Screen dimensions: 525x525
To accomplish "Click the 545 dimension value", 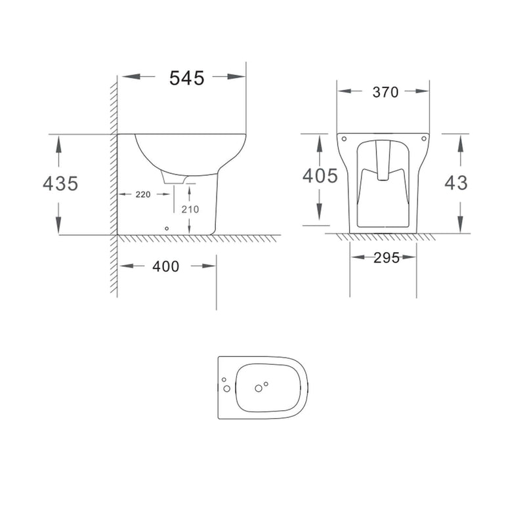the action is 186,78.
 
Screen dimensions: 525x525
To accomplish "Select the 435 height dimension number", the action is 60,184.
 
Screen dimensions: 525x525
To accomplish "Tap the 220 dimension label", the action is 143,194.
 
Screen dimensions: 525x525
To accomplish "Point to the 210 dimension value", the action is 190,209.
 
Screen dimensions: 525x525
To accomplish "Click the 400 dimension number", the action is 166,266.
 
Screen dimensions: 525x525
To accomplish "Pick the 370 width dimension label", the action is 385,92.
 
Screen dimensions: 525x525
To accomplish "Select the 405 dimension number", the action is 320,176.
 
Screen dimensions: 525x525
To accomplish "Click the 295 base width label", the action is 387,258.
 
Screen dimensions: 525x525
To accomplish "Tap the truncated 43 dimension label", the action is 456,183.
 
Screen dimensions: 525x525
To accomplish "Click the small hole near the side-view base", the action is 167,228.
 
